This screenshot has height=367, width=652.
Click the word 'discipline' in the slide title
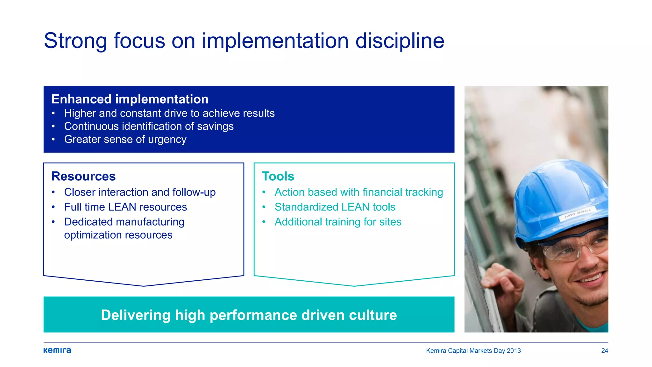400,41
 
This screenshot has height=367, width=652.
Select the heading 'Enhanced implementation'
130,99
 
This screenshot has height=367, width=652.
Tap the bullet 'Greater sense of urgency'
125,140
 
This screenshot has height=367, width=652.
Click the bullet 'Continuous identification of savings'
149,126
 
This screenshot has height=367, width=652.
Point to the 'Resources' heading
83,176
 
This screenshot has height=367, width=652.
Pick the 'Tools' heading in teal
278,176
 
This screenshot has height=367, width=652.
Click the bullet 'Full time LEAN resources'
125,207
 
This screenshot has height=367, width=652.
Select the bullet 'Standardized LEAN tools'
335,207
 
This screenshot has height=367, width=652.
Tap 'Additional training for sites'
338,222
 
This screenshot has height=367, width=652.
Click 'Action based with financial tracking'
359,192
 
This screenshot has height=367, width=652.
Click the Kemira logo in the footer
57,350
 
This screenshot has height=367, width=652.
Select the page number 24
604,351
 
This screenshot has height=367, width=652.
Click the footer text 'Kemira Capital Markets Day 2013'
473,351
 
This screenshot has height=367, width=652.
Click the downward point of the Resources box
144,285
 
